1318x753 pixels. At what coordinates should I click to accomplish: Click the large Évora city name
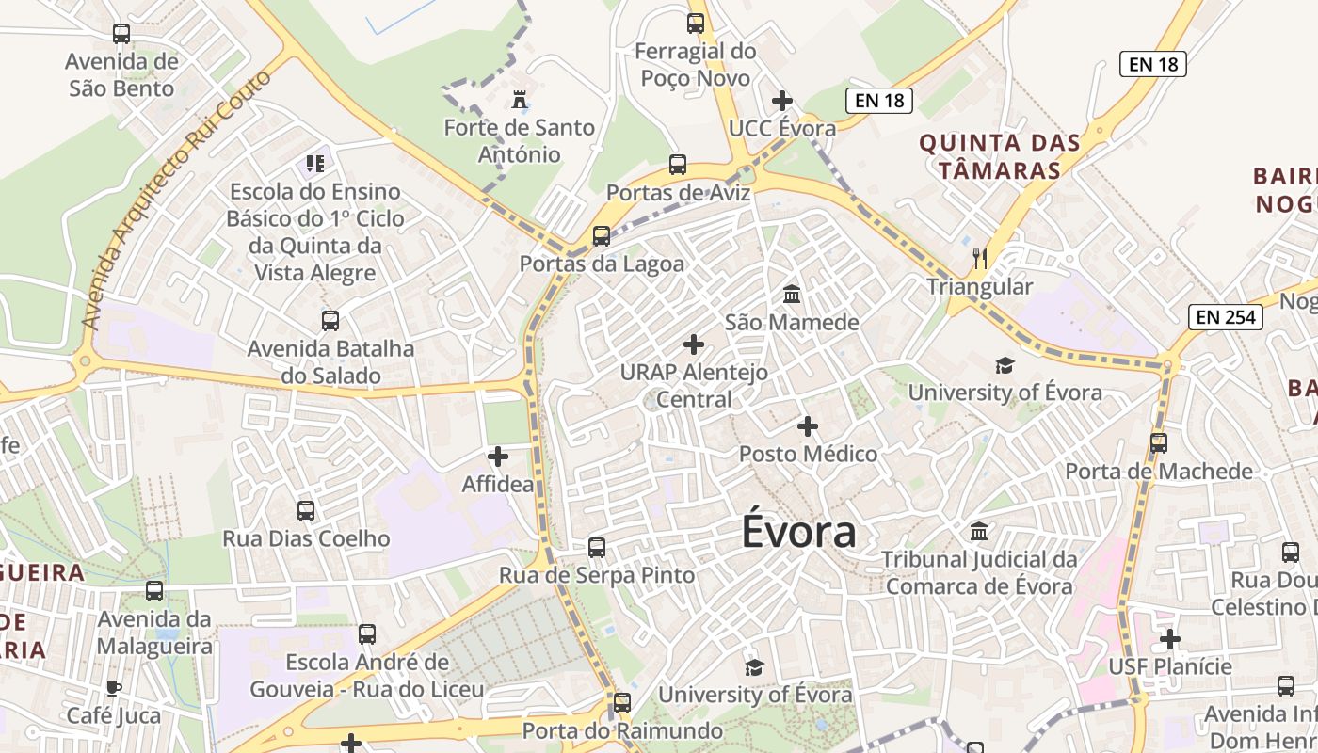pyautogui.click(x=798, y=532)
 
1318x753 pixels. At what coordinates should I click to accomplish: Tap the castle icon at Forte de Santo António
pyautogui.click(x=519, y=99)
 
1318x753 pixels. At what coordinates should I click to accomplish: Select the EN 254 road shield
pyautogui.click(x=1226, y=317)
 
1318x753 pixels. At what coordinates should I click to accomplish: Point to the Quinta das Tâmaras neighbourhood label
pyautogui.click(x=999, y=156)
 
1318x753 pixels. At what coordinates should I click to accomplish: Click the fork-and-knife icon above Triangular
pyautogui.click(x=980, y=258)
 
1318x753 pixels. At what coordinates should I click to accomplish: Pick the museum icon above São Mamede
pyautogui.click(x=792, y=295)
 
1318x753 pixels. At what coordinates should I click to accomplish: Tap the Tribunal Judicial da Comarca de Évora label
pyautogui.click(x=979, y=572)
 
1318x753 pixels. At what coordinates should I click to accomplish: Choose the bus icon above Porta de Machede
pyautogui.click(x=1159, y=442)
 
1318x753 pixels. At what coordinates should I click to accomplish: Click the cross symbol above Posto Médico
pyautogui.click(x=808, y=426)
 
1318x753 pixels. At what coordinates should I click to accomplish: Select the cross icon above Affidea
pyautogui.click(x=498, y=457)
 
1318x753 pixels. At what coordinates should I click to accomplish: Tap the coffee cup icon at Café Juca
pyautogui.click(x=114, y=688)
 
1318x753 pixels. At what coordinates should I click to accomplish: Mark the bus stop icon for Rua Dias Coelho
pyautogui.click(x=306, y=511)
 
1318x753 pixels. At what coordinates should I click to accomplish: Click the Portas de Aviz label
pyautogui.click(x=678, y=193)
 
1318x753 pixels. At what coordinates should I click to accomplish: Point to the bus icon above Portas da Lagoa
pyautogui.click(x=602, y=235)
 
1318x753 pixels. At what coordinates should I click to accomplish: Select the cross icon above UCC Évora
pyautogui.click(x=782, y=101)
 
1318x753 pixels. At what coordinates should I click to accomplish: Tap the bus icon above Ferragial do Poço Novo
pyautogui.click(x=696, y=24)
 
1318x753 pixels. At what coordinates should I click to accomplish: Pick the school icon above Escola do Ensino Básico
pyautogui.click(x=315, y=164)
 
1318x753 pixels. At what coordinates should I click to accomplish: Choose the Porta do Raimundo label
pyautogui.click(x=622, y=730)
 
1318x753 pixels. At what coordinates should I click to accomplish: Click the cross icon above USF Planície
pyautogui.click(x=1170, y=639)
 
